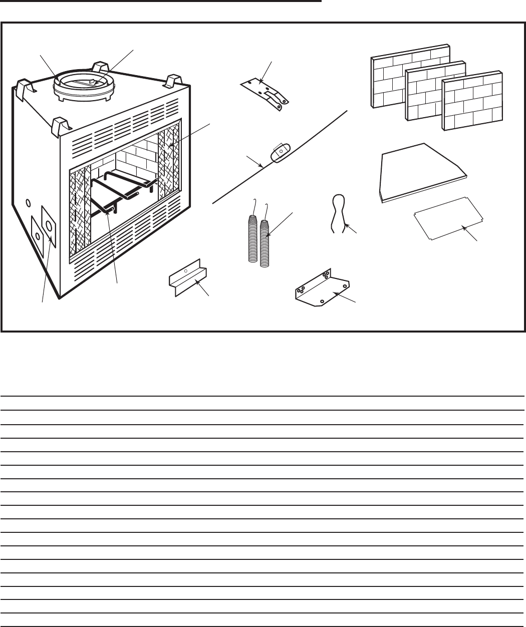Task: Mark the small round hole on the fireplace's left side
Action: click(29, 202)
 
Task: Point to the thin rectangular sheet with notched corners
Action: click(448, 218)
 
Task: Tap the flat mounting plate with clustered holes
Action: click(321, 289)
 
